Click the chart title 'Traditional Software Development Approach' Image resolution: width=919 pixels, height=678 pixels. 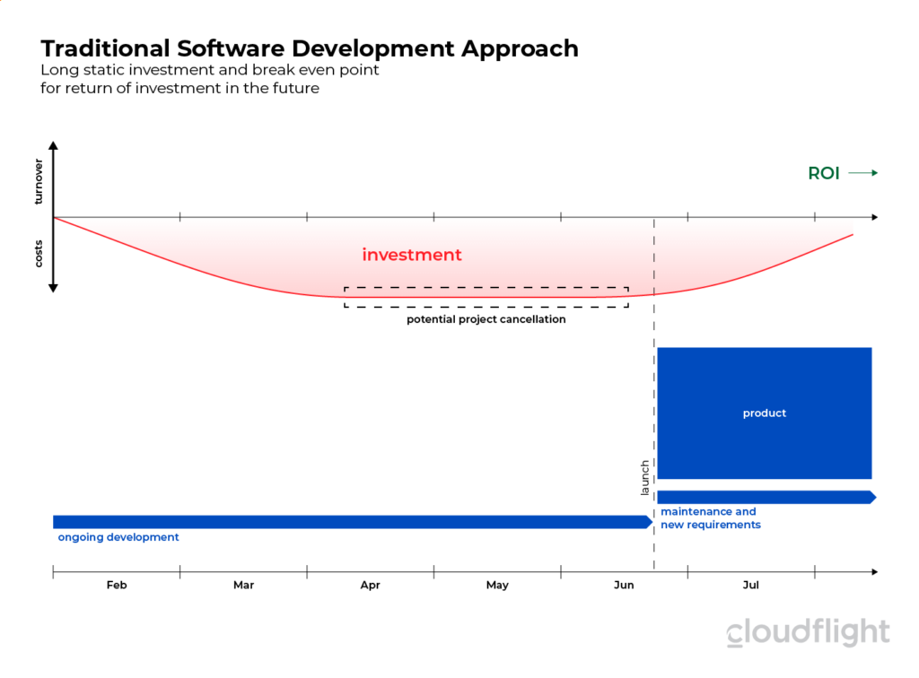tap(310, 48)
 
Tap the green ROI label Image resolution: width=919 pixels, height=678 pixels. tap(824, 174)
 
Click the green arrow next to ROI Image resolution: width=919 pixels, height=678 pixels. tap(862, 174)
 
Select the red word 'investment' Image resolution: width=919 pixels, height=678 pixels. tap(412, 256)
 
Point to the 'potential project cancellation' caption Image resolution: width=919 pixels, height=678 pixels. tap(486, 319)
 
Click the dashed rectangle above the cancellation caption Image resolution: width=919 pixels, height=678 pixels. tap(486, 289)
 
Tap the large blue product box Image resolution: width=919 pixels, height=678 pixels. tap(765, 413)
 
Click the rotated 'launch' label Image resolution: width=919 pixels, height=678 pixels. tap(644, 478)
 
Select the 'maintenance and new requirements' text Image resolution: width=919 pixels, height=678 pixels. tap(710, 518)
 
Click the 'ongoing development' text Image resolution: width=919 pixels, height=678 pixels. tap(118, 537)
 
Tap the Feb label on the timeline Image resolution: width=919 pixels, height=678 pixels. tap(117, 585)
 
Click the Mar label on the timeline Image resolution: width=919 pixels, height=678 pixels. tap(243, 585)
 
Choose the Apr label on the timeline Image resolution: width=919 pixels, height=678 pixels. tap(370, 585)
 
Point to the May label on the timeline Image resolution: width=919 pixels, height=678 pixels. tap(497, 585)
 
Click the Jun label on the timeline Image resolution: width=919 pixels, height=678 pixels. tap(624, 585)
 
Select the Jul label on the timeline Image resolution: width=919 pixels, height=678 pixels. tap(751, 585)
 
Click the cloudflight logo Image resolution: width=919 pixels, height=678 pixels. tap(808, 632)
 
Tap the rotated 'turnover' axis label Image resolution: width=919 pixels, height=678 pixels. tap(39, 182)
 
